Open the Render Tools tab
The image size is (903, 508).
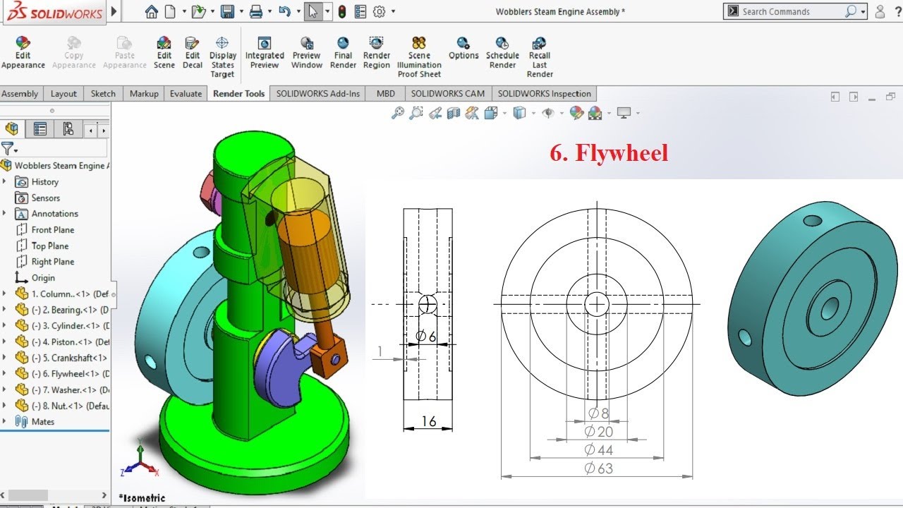coord(238,94)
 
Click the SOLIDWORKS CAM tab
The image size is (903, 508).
coord(447,94)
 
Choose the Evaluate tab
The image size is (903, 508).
coord(186,94)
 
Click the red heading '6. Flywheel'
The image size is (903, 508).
coord(608,153)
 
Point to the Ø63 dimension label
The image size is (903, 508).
coord(599,468)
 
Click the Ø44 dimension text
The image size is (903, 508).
coord(599,450)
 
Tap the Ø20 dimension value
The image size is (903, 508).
coord(599,432)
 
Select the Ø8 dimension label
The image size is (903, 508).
coord(598,413)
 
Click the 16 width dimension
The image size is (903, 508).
coord(428,422)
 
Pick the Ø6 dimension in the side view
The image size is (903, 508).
coord(425,337)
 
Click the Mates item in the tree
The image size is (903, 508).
coord(42,422)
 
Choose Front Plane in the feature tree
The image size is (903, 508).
coord(52,230)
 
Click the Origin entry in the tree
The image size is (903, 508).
coord(43,278)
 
